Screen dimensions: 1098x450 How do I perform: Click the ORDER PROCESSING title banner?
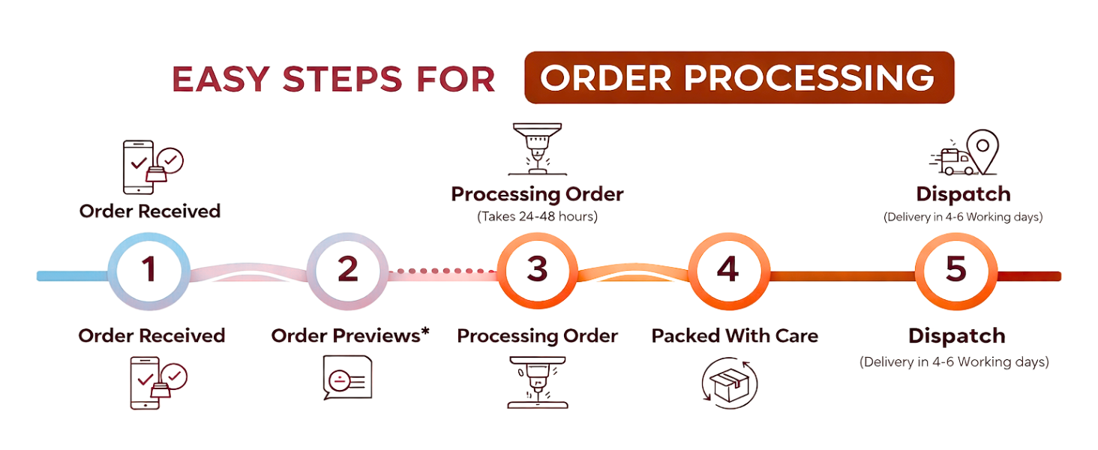(x=739, y=77)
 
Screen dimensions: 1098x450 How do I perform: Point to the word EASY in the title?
(x=220, y=79)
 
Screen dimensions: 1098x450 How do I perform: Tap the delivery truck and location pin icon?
(x=964, y=152)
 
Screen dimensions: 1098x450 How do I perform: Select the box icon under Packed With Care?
(x=730, y=382)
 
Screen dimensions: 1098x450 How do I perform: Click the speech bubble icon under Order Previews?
(x=347, y=377)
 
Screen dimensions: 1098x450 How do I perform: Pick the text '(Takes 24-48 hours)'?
(x=537, y=217)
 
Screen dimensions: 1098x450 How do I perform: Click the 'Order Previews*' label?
(x=350, y=336)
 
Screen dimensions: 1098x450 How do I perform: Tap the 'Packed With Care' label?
(x=735, y=336)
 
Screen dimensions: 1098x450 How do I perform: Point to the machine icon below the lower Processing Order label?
(x=537, y=382)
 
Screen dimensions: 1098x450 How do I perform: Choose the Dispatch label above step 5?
(x=964, y=194)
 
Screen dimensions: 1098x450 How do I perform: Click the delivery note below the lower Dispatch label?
(x=955, y=362)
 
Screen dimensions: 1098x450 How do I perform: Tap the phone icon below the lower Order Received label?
(x=158, y=382)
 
